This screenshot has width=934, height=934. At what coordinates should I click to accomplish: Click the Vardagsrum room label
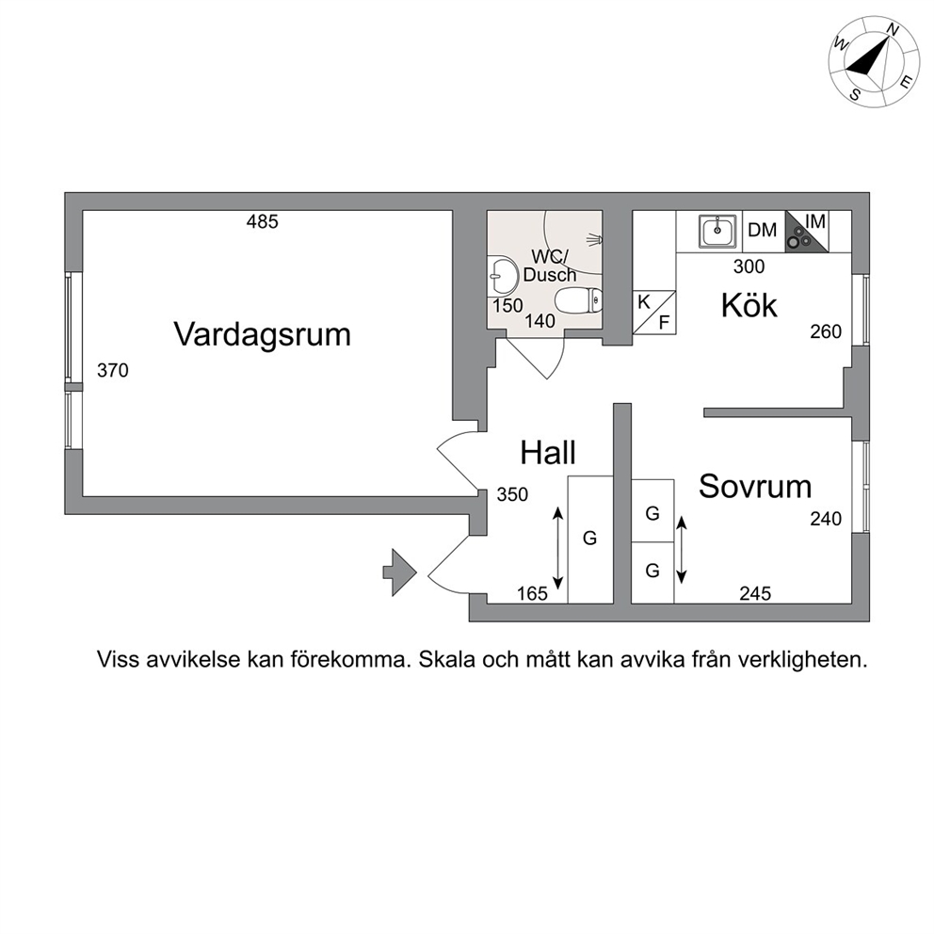(262, 335)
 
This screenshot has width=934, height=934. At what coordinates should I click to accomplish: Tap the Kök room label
(749, 305)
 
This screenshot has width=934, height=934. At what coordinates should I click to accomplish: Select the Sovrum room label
(755, 487)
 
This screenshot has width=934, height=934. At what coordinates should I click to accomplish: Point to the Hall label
(547, 453)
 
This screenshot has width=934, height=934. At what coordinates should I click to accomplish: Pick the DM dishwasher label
(762, 230)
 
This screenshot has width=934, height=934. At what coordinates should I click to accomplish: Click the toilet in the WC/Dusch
(578, 299)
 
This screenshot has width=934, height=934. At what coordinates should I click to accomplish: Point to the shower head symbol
(595, 239)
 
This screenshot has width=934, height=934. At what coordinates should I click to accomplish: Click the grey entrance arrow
(399, 572)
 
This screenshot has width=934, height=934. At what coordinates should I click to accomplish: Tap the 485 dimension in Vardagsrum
(262, 222)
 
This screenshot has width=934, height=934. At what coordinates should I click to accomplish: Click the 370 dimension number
(113, 371)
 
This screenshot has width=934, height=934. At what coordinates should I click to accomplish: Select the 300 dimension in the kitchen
(749, 266)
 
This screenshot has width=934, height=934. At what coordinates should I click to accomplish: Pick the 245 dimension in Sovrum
(755, 593)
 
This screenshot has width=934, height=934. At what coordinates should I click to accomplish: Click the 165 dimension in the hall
(532, 594)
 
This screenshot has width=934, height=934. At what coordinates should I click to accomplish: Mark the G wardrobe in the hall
(590, 539)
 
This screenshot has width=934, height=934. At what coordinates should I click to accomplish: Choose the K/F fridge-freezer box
(654, 313)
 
